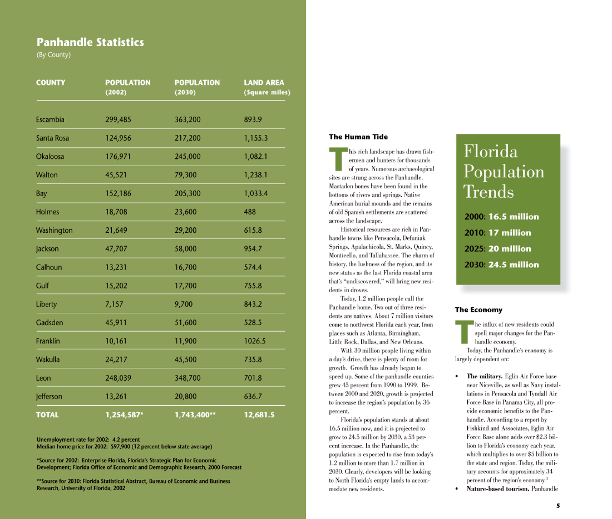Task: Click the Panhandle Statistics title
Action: (x=90, y=42)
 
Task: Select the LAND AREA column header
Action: (x=264, y=83)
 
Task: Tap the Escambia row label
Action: (x=50, y=119)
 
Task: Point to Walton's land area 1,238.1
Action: (x=256, y=175)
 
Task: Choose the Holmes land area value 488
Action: (x=250, y=212)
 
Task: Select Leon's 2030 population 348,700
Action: (x=187, y=378)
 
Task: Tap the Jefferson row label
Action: (x=49, y=397)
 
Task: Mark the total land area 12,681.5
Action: (x=259, y=415)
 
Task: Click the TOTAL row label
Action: (x=47, y=415)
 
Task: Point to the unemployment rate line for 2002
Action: (x=88, y=440)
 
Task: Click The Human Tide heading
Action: (x=358, y=137)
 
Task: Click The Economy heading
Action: (x=478, y=310)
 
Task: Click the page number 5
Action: (x=558, y=506)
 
